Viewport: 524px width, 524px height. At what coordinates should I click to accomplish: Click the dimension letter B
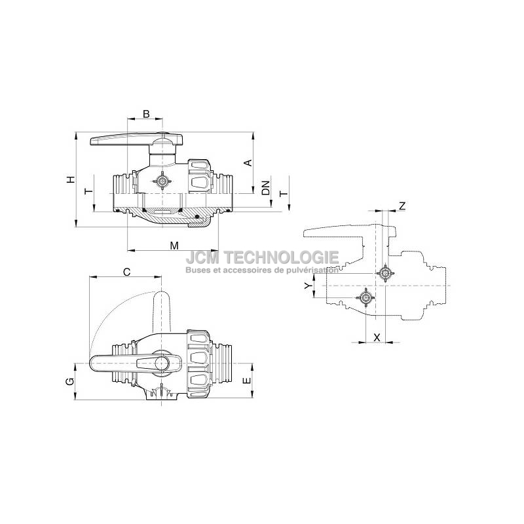[146, 114]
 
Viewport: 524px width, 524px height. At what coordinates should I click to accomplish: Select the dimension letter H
[71, 179]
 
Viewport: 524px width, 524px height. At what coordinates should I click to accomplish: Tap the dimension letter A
[248, 162]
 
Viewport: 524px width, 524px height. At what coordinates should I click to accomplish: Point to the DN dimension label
[266, 188]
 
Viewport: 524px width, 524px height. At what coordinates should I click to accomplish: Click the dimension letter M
[174, 246]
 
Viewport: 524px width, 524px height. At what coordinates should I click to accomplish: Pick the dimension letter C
[126, 272]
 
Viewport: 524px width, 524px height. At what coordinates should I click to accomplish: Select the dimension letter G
[70, 381]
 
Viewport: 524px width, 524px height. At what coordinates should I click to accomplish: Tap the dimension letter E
[247, 381]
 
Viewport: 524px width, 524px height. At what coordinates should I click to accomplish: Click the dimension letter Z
[402, 206]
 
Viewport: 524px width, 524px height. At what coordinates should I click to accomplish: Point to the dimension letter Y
[309, 285]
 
